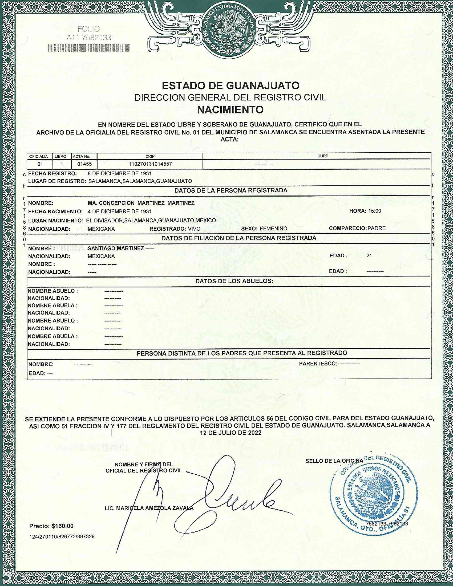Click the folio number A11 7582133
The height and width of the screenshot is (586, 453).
click(x=88, y=38)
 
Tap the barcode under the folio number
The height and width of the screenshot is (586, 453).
click(x=88, y=48)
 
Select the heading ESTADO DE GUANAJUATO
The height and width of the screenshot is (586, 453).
click(x=230, y=86)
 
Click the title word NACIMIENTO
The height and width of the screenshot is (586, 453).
click(x=230, y=109)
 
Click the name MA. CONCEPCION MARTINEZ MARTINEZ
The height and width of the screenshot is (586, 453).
click(x=141, y=203)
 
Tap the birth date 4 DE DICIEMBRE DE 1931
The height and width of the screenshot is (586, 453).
click(x=120, y=211)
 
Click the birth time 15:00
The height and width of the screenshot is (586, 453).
click(x=374, y=211)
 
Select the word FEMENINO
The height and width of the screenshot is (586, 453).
click(x=274, y=229)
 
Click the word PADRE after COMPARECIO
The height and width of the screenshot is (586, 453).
click(x=377, y=228)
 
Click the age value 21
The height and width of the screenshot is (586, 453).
click(x=369, y=256)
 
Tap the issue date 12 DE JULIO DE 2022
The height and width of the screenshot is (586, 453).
click(x=230, y=433)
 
